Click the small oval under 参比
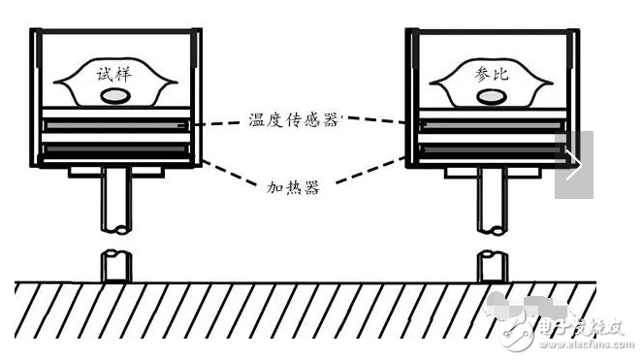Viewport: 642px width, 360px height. pyautogui.click(x=490, y=96)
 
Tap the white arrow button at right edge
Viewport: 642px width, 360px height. pyautogui.click(x=573, y=164)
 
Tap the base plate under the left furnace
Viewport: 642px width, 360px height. pyautogui.click(x=115, y=172)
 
